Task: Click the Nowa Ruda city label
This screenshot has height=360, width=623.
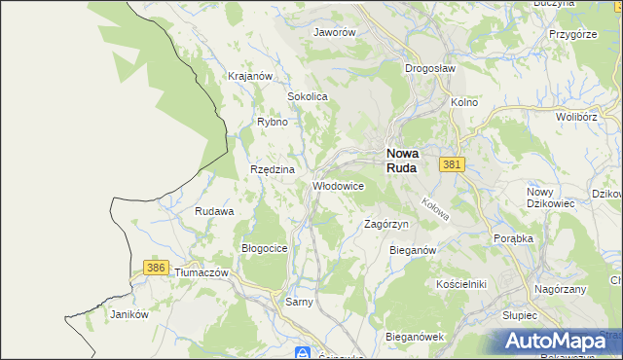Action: [x=402, y=160]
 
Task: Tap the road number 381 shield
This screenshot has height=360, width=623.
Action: [x=450, y=165]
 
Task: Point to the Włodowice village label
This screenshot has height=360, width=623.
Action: [x=338, y=185]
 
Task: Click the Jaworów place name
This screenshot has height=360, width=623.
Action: [x=334, y=31]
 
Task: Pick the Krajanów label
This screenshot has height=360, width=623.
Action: [x=248, y=76]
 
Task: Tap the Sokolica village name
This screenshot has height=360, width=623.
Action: [x=307, y=97]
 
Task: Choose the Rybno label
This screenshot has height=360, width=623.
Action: [x=272, y=122]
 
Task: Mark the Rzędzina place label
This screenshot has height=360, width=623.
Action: [x=273, y=169]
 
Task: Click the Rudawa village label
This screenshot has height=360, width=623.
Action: [x=214, y=211]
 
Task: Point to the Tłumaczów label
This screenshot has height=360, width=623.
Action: [x=201, y=273]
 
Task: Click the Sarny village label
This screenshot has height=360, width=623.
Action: [x=299, y=303]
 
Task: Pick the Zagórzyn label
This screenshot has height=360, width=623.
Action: [x=385, y=224]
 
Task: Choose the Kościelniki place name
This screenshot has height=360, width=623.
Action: [x=460, y=283]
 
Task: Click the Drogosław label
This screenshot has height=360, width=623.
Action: [x=429, y=68]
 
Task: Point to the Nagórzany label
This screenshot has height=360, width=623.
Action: [x=560, y=290]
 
